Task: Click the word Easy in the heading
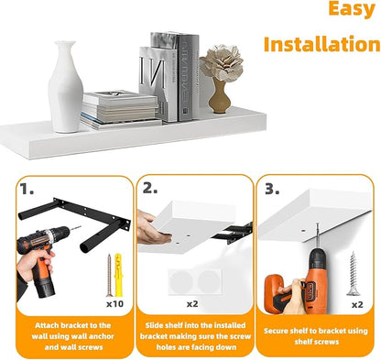[x=352, y=9]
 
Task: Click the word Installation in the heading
[x=322, y=44]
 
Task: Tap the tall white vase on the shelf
[x=66, y=87]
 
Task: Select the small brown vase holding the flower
[x=220, y=96]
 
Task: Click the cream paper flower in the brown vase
[x=222, y=62]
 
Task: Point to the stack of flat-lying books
[x=120, y=109]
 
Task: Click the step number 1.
[x=27, y=190]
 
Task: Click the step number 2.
[x=150, y=189]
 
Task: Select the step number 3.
[x=272, y=190]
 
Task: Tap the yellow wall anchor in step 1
[x=118, y=275]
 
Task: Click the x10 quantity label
[x=115, y=303]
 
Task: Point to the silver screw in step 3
[x=354, y=274]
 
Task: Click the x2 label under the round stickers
[x=192, y=304]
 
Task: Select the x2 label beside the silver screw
[x=357, y=305]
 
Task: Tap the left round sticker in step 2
[x=181, y=282]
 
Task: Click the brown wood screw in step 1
[x=110, y=275]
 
